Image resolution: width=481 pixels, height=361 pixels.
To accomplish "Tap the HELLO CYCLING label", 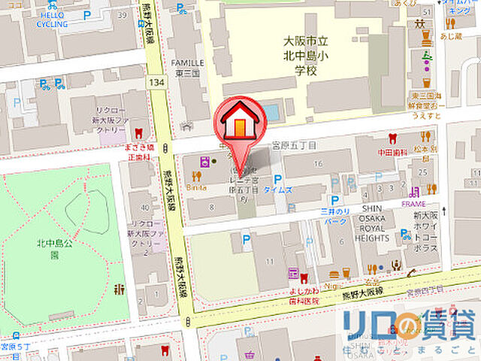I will (51, 19).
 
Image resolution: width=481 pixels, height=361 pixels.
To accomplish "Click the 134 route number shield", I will (156, 80).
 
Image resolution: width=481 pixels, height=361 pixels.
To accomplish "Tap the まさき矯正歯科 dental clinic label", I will (139, 153).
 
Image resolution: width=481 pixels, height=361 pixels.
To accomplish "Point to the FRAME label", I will (413, 204).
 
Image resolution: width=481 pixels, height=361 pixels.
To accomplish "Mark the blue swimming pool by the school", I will (271, 114).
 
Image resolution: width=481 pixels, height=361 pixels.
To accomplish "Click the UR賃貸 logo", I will (410, 325).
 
